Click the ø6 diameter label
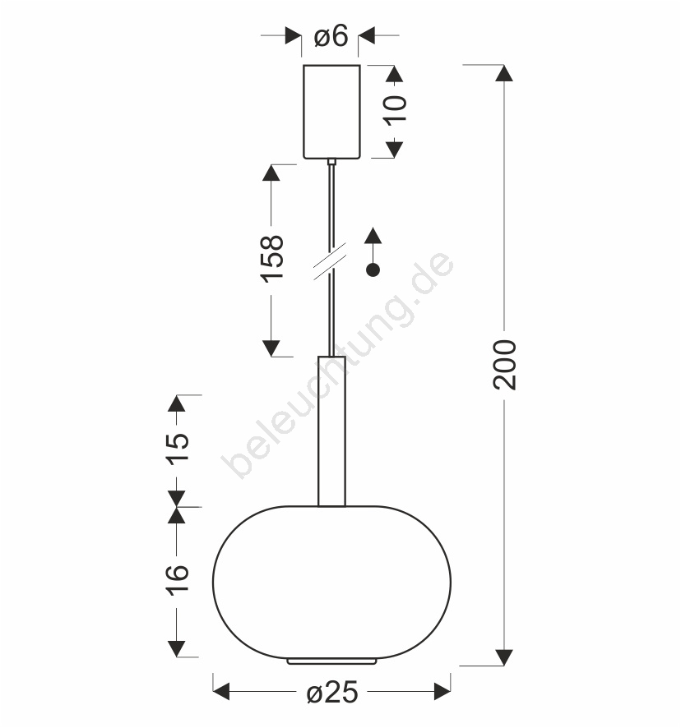coord(331,36)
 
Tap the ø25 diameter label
coord(332,693)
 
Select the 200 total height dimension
coord(504,365)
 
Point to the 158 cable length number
coord(272,259)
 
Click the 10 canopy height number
coord(395,110)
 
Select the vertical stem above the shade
coord(331,431)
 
